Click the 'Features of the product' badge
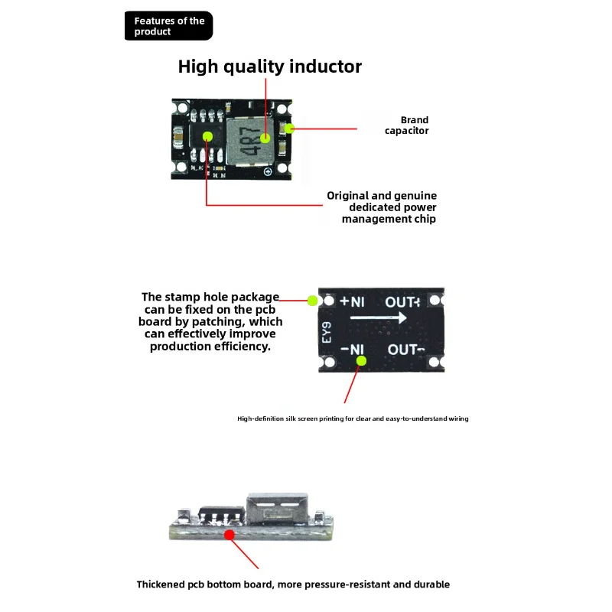(x=168, y=26)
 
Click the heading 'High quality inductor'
(x=269, y=67)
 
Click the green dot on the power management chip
(x=208, y=136)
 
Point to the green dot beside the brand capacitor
(x=289, y=129)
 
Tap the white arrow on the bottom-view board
(x=378, y=320)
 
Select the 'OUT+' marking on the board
(x=402, y=302)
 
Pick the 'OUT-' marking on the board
(x=405, y=350)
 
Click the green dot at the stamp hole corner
(x=313, y=301)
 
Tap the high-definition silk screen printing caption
(x=353, y=418)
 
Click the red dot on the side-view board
(x=229, y=535)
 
